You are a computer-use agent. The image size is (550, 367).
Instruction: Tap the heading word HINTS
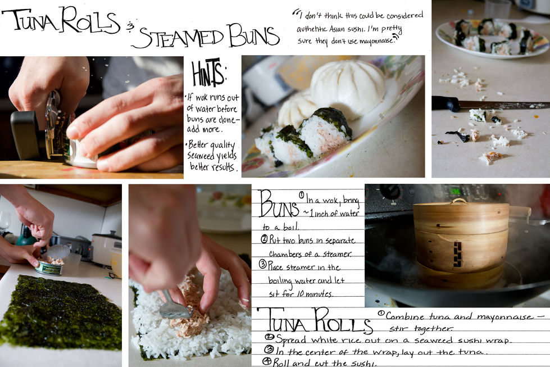(x=208, y=73)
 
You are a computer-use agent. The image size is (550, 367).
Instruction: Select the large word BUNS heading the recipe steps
(x=279, y=204)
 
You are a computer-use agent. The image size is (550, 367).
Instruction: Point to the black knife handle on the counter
(x=446, y=103)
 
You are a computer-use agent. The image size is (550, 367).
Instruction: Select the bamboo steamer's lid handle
(x=459, y=201)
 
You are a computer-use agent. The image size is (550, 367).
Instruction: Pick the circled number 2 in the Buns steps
(x=265, y=239)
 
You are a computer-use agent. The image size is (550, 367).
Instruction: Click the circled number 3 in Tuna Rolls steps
(x=269, y=350)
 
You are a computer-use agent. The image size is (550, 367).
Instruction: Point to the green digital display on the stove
(x=455, y=191)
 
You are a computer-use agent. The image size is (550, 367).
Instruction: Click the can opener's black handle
(x=25, y=135)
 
